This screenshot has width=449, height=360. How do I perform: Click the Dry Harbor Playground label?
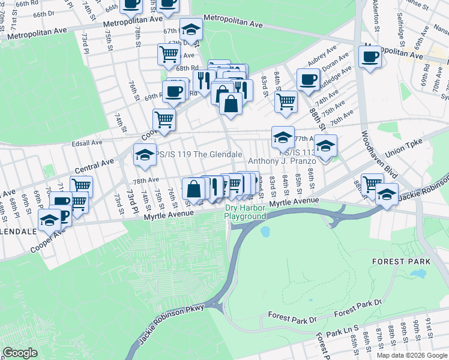click(245, 212)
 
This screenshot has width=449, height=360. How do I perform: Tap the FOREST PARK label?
click(401, 262)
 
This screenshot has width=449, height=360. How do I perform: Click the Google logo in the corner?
click(20, 353)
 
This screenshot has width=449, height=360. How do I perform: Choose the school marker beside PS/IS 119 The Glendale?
click(144, 155)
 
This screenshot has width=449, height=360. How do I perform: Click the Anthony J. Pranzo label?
click(282, 161)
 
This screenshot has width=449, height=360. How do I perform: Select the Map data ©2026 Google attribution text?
click(412, 355)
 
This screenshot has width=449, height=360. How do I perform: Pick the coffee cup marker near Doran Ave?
click(308, 80)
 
